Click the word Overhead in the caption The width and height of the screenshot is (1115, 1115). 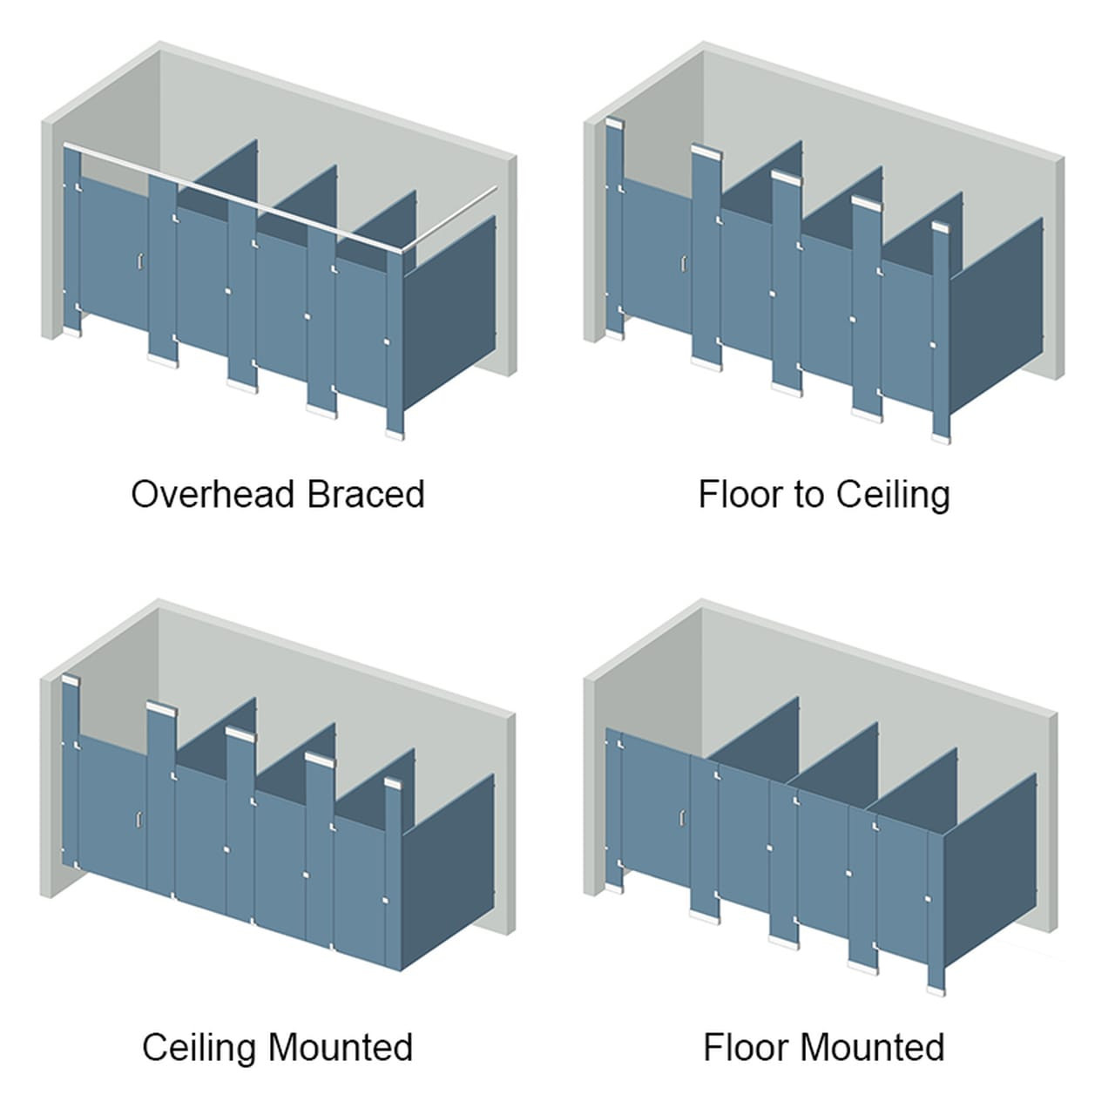pos(213,494)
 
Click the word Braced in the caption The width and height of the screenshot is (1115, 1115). pos(366,494)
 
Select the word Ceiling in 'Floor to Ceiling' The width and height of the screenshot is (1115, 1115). pos(892,494)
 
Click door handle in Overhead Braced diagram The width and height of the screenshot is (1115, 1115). pos(139,260)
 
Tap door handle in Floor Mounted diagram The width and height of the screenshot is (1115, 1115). pos(682,816)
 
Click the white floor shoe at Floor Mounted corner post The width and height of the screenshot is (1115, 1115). pos(936,990)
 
